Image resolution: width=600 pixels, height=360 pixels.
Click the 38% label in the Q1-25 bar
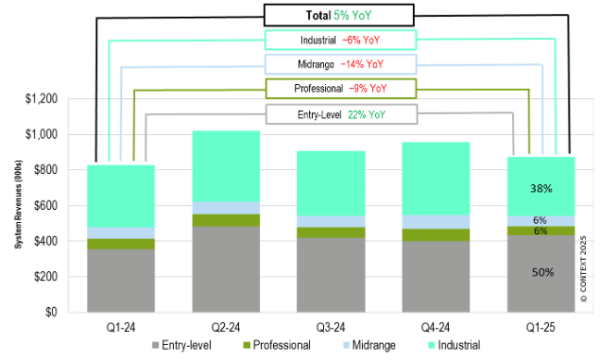(x=540, y=187)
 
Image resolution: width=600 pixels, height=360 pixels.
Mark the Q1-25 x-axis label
(x=540, y=328)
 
